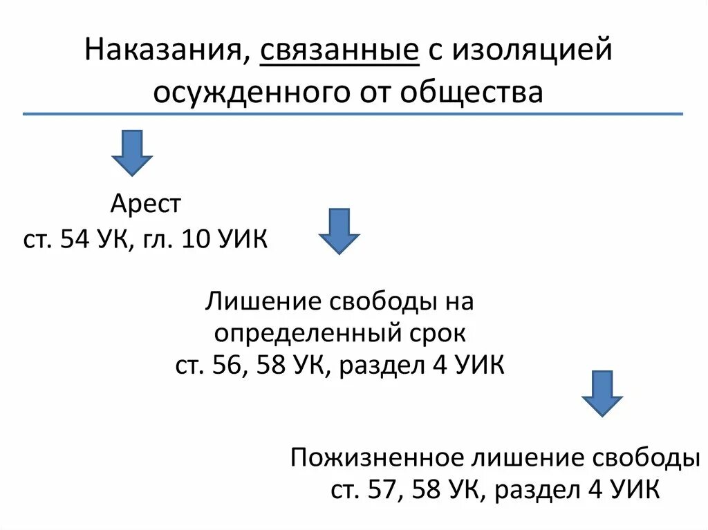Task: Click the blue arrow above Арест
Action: (132, 152)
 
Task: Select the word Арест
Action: (145, 204)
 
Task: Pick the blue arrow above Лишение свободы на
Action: (339, 231)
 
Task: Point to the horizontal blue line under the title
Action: (353, 113)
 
